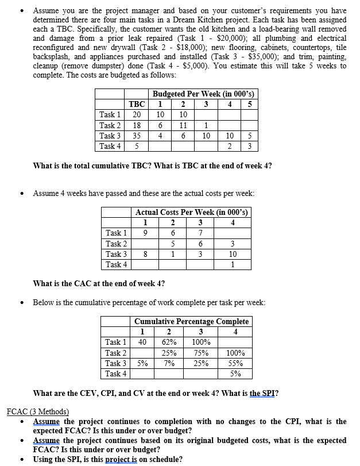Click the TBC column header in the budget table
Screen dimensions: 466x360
137,104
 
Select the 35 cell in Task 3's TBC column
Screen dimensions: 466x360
137,136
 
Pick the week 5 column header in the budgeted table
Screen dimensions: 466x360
249,104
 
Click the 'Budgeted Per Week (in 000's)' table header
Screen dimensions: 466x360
203,94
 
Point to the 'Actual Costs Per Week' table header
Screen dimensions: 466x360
192,212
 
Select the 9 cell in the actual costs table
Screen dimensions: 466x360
146,233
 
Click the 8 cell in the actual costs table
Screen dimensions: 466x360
146,253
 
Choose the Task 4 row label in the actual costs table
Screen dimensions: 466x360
117,264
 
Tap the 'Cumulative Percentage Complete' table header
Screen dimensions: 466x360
191,321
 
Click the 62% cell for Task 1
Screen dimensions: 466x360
169,342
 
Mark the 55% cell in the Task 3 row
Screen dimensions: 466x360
235,363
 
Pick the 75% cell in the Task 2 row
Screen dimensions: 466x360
201,353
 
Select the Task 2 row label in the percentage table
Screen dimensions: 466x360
116,353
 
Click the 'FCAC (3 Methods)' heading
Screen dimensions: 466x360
37,411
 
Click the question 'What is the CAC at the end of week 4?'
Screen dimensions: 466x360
99,283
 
